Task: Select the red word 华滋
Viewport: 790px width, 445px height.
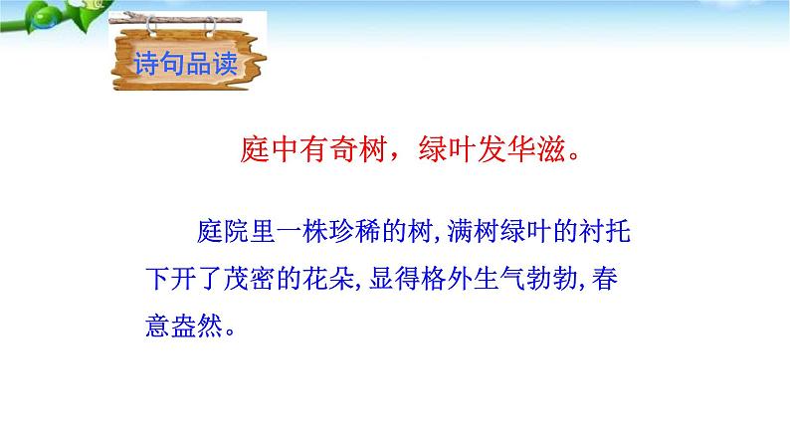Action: point(538,153)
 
